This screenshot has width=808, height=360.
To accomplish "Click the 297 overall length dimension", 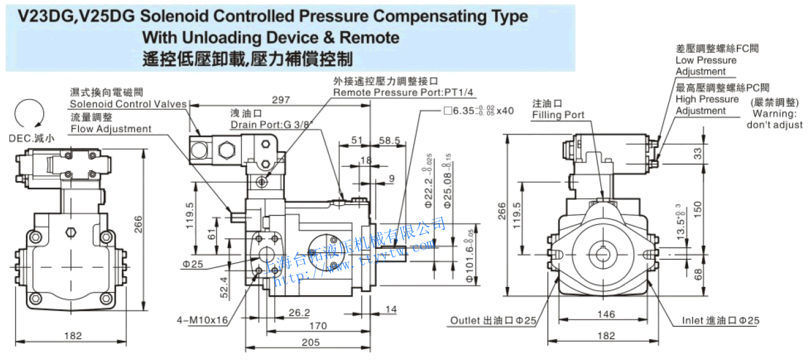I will pyautogui.click(x=281, y=100).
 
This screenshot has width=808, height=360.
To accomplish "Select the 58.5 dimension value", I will pyautogui.click(x=389, y=140).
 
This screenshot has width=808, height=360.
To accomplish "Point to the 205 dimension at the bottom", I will pyautogui.click(x=311, y=343).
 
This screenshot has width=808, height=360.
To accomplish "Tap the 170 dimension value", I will pyautogui.click(x=317, y=326).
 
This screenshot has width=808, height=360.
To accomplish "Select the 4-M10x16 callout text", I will pyautogui.click(x=202, y=320).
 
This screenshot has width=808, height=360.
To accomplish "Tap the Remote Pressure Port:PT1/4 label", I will pyautogui.click(x=404, y=93).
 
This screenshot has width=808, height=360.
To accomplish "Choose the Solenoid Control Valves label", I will pyautogui.click(x=128, y=104).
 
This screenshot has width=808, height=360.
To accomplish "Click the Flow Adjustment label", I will pyautogui.click(x=111, y=129).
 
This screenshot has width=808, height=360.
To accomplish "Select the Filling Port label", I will pyautogui.click(x=558, y=115).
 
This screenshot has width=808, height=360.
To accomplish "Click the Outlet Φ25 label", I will pyautogui.click(x=493, y=321).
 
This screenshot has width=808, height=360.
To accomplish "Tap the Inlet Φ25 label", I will pyautogui.click(x=720, y=321).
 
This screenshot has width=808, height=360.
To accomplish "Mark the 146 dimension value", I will pyautogui.click(x=606, y=314).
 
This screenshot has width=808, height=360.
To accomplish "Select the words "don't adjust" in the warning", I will pyautogui.click(x=774, y=125).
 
